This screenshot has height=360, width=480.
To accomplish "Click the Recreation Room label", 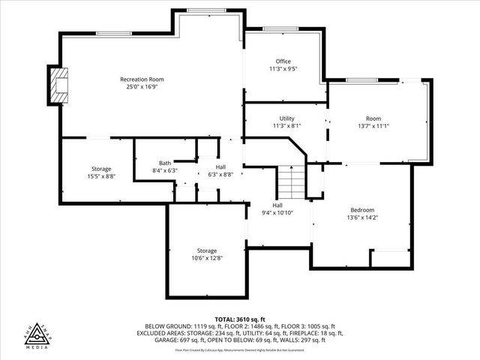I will click(142, 79).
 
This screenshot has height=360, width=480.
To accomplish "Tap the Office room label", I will click(283, 61).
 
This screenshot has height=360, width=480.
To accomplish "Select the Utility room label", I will click(286, 118).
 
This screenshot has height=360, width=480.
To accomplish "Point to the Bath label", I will click(165, 163).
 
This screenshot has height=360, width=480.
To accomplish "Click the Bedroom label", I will click(362, 210).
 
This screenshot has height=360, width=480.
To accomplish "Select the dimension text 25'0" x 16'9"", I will click(142, 87).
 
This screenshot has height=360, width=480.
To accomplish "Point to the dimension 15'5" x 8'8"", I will click(101, 177).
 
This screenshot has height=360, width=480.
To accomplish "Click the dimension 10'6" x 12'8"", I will click(207, 258).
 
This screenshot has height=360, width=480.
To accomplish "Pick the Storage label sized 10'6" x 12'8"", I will click(207, 250).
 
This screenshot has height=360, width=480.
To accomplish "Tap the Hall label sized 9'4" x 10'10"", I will click(277, 205).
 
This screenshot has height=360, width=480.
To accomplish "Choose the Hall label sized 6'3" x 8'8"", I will click(220, 167).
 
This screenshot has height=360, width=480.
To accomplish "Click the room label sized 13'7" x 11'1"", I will click(373, 118).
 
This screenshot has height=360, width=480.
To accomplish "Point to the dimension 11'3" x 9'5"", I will click(283, 69).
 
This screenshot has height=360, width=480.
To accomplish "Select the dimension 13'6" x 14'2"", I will click(362, 217).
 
